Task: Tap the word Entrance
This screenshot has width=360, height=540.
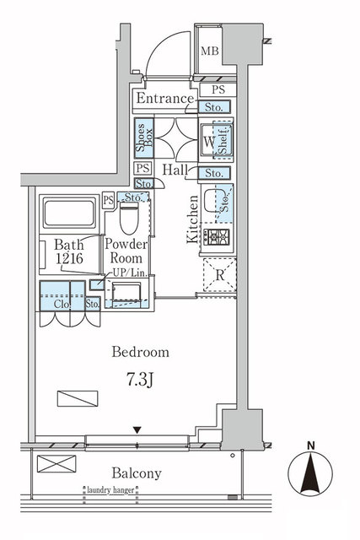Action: (165, 99)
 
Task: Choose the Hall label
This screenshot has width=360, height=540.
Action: (175, 170)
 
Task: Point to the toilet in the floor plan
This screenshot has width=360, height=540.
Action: (128, 219)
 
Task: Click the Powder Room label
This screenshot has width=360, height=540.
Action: (126, 251)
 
